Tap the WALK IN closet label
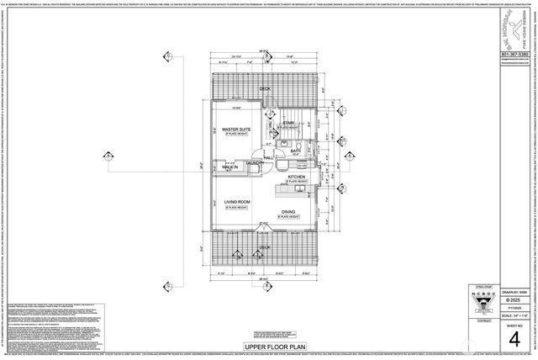[229, 167]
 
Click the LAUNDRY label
[256, 163]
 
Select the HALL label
[268, 157]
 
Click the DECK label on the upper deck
[264, 88]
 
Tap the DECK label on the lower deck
[264, 247]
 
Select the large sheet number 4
[514, 339]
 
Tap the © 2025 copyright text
[514, 300]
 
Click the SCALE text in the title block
[514, 315]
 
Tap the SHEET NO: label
[514, 325]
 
